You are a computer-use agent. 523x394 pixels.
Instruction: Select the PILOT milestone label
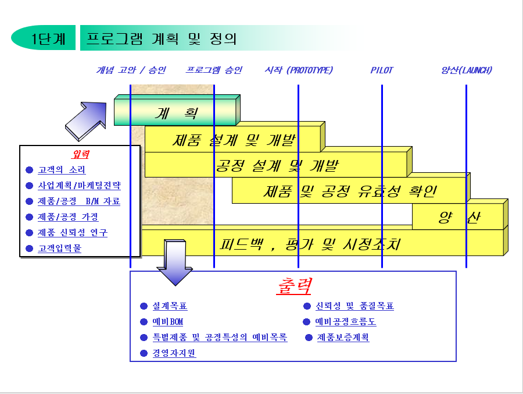[382, 70]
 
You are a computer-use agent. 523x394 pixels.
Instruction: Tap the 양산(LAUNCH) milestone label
[466, 70]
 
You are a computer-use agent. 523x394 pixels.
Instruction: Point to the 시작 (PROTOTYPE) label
[299, 70]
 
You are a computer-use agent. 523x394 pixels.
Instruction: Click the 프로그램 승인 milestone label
[214, 70]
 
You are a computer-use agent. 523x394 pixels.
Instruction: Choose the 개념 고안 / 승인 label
[131, 70]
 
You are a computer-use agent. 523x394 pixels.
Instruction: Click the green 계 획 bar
[176, 113]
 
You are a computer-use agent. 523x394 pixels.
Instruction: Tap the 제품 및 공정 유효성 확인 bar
[350, 191]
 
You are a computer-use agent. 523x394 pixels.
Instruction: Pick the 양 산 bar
[458, 218]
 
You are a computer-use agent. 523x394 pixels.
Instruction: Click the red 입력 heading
[80, 154]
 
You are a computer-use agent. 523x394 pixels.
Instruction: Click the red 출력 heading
[293, 286]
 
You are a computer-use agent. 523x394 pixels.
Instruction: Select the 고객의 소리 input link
[62, 170]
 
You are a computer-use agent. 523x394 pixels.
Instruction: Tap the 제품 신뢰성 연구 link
[73, 233]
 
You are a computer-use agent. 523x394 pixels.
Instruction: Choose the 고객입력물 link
[60, 249]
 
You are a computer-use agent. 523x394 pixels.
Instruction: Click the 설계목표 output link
[170, 306]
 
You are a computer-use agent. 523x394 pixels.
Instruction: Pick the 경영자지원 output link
[174, 353]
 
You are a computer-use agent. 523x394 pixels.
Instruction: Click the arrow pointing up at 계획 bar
[86, 116]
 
